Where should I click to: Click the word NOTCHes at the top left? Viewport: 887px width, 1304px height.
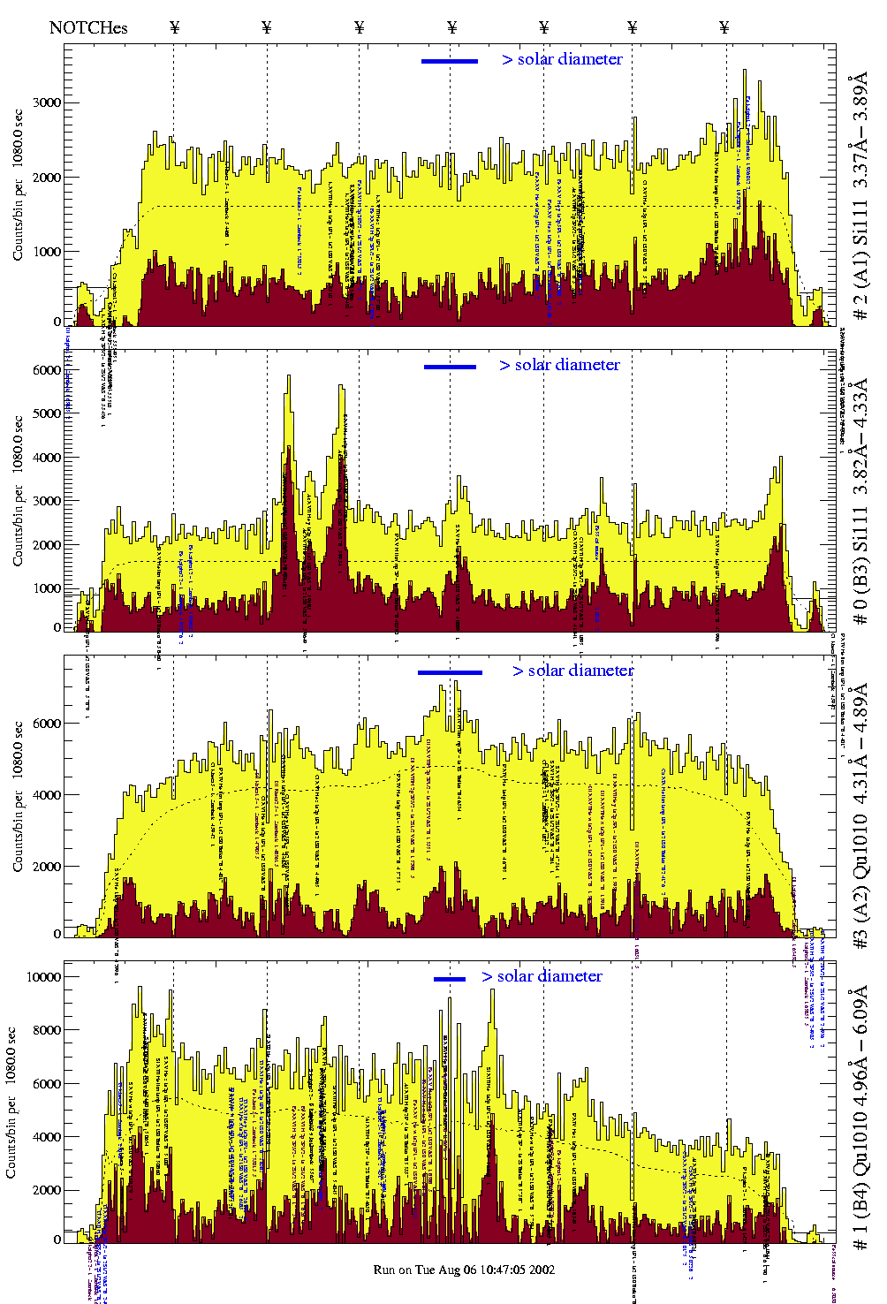(x=88, y=27)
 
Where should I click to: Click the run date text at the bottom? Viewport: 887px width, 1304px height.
(x=464, y=1270)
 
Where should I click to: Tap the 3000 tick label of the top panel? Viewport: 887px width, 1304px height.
(x=47, y=102)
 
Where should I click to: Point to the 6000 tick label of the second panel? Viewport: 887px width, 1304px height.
(x=47, y=370)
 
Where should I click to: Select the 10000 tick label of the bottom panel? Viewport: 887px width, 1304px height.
(x=44, y=977)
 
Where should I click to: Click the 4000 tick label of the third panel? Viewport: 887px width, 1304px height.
(x=47, y=795)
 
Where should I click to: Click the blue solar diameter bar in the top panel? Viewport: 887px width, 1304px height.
(x=450, y=61)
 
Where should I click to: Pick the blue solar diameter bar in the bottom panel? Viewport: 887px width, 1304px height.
(x=450, y=979)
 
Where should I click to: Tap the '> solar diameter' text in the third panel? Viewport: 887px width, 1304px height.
(x=573, y=671)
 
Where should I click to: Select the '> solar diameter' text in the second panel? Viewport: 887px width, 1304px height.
(x=560, y=365)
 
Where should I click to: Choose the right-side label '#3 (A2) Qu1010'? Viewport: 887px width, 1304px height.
(x=860, y=817)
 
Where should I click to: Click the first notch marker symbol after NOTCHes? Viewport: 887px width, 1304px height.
(x=174, y=27)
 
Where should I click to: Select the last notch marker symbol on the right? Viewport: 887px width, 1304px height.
(x=724, y=27)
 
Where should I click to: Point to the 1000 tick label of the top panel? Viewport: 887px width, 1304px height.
(x=47, y=252)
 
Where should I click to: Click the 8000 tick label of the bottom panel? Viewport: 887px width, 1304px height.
(x=47, y=1030)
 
